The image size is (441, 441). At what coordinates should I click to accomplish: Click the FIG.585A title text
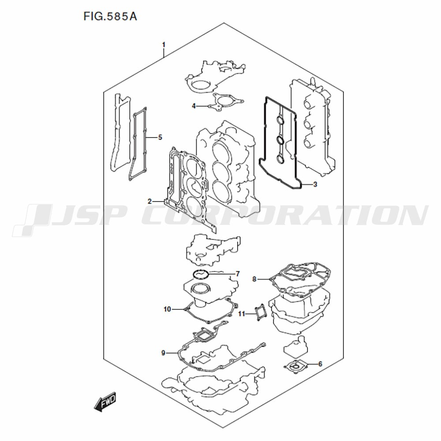[x=110, y=17]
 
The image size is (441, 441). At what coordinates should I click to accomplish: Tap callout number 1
[x=164, y=45]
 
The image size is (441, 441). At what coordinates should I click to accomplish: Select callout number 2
[x=150, y=202]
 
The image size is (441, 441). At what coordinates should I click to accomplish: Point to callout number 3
[x=315, y=184]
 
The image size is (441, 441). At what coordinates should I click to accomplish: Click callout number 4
[x=194, y=106]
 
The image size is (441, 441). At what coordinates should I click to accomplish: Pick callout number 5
[x=160, y=138]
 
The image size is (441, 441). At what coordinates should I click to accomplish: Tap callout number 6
[x=320, y=364]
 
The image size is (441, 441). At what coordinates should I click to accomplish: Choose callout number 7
[x=238, y=274]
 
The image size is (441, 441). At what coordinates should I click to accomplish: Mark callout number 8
[x=254, y=279]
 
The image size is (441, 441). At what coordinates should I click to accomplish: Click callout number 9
[x=164, y=353]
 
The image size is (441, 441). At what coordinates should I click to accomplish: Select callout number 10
[x=167, y=310]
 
